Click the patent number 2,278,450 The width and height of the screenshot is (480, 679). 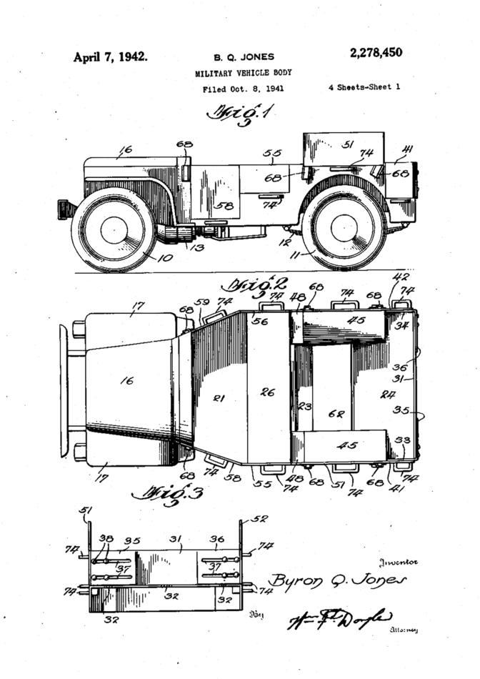[376, 53]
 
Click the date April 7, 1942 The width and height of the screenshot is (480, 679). [110, 56]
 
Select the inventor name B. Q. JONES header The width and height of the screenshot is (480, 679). [244, 57]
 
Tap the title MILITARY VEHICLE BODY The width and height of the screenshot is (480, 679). [243, 73]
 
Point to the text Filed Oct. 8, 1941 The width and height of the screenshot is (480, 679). [239, 89]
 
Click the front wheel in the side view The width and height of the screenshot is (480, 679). [114, 229]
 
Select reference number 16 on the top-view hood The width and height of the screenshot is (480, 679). [126, 381]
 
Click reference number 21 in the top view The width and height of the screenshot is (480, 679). [219, 398]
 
